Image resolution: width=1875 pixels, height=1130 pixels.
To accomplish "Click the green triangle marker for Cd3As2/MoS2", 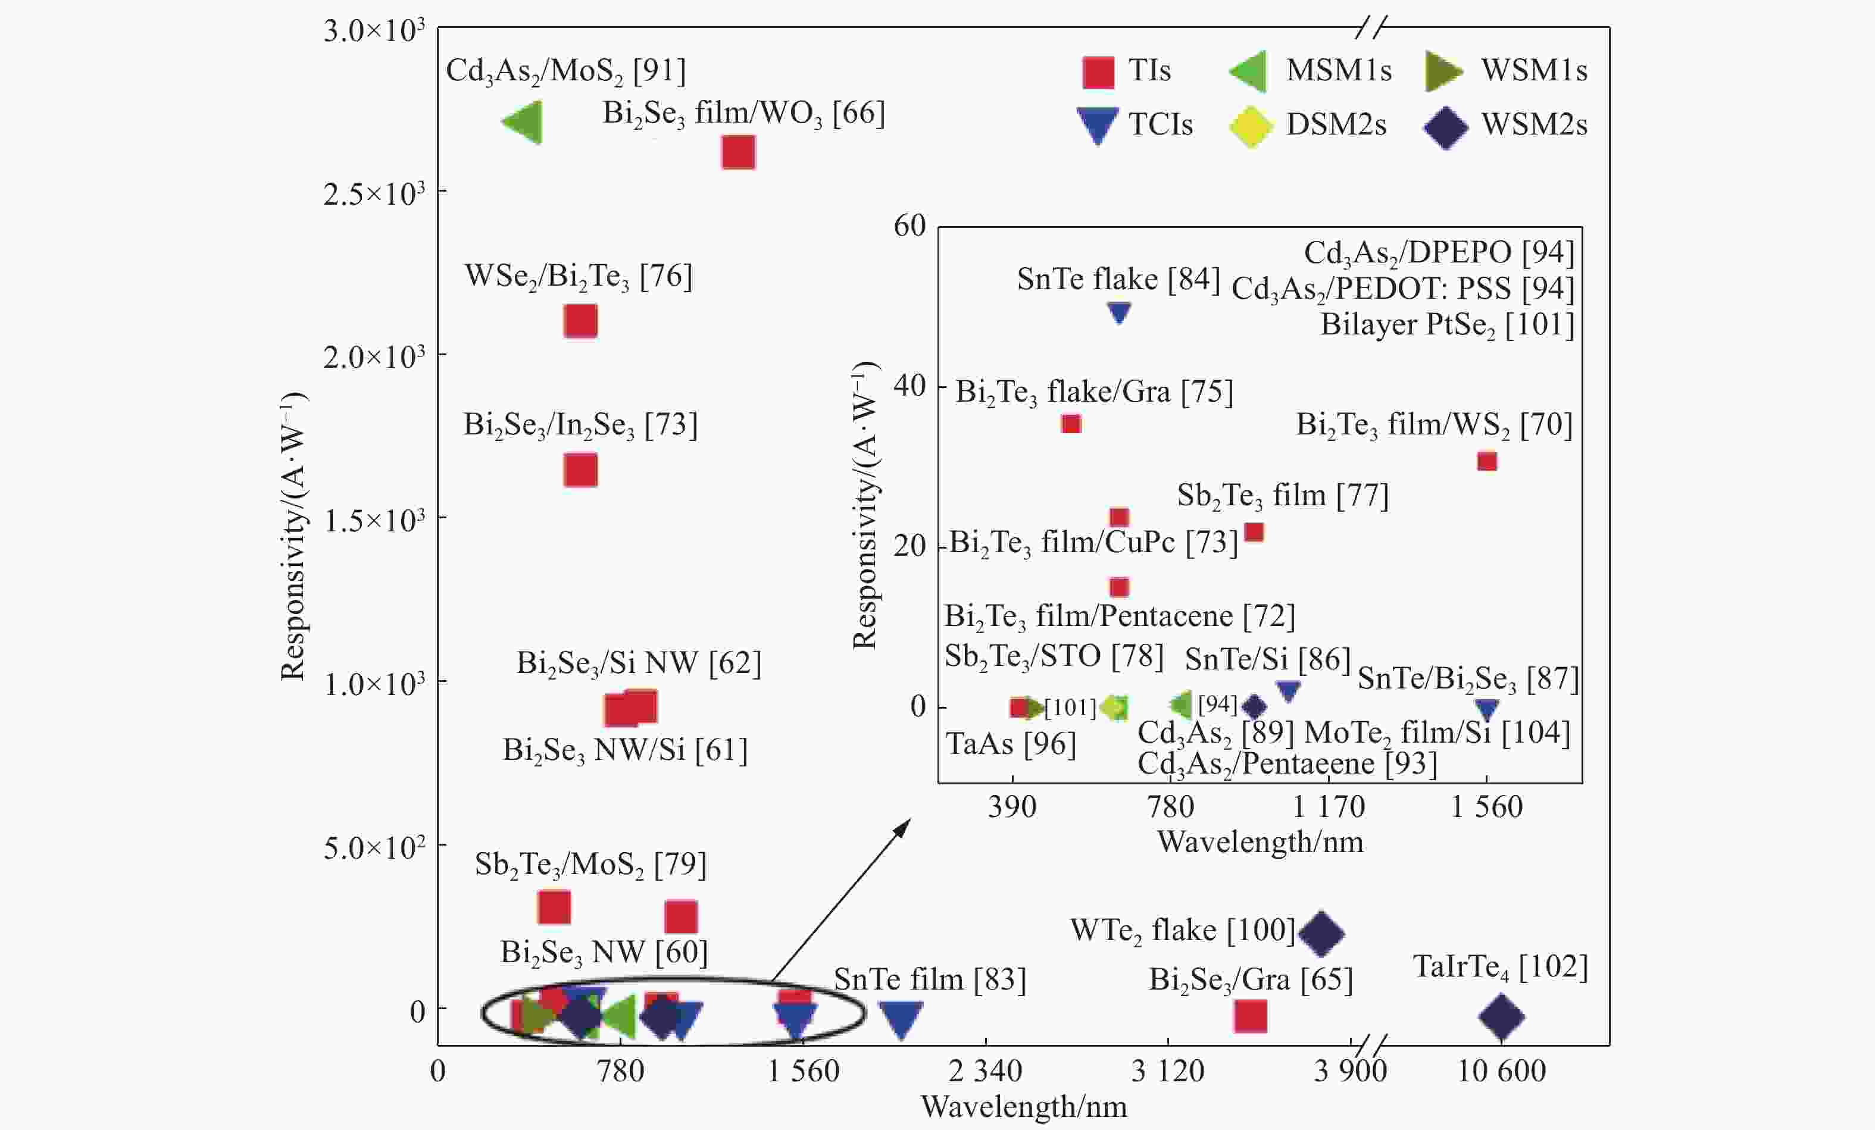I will click(x=524, y=122).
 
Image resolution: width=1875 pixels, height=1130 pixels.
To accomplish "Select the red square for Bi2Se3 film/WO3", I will click(x=738, y=152).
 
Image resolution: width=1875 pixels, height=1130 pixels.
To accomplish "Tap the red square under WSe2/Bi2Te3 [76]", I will click(x=580, y=321).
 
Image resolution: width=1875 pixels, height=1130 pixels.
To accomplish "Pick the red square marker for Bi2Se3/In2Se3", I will click(x=580, y=470).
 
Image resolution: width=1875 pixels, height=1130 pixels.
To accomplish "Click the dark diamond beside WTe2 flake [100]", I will click(x=1321, y=933).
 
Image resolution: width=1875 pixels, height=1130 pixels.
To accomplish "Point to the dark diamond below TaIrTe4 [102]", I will click(x=1501, y=1016).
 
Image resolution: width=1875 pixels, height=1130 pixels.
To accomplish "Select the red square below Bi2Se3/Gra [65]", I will click(x=1250, y=1016).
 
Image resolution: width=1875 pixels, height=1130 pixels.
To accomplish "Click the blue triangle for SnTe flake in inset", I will click(x=1118, y=312).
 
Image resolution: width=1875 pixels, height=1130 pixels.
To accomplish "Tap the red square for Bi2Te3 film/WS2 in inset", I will click(x=1487, y=461).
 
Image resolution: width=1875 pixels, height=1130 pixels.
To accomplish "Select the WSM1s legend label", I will click(x=1534, y=70).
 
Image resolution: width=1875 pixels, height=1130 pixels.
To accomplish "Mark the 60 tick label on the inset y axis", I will click(x=910, y=226).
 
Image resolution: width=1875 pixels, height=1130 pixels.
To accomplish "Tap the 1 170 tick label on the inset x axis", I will click(x=1329, y=807).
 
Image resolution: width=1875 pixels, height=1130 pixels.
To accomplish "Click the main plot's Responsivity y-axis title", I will click(x=293, y=537).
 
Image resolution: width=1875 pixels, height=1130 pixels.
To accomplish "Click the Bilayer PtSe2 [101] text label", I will click(x=1446, y=325).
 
